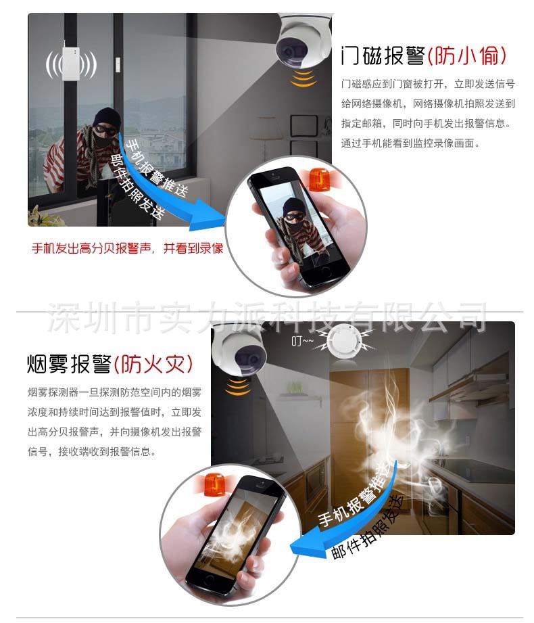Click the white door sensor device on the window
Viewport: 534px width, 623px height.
[x=71, y=63]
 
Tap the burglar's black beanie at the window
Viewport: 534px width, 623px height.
[x=106, y=117]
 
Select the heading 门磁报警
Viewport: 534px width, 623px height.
[x=383, y=55]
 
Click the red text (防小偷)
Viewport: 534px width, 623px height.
[x=467, y=55]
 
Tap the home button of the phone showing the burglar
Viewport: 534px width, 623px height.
[x=326, y=271]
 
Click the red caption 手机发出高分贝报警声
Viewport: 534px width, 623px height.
[x=91, y=248]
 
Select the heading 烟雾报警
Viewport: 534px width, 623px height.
[x=69, y=363]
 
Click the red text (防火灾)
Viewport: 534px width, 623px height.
[x=153, y=364]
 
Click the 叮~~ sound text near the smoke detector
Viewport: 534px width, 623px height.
[x=302, y=342]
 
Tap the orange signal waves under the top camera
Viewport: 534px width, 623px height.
[x=304, y=78]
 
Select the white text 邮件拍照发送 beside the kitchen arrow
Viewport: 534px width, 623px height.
[x=367, y=527]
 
